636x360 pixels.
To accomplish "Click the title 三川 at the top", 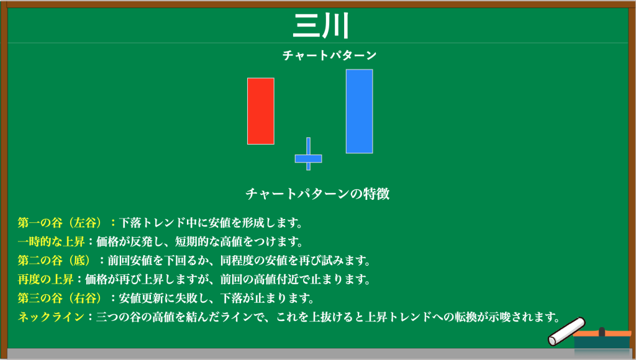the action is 320,25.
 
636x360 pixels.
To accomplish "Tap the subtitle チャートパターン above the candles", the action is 329,55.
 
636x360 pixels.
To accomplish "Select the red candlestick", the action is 261,111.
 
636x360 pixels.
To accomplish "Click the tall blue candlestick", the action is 360,112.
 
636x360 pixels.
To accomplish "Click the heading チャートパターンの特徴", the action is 317,194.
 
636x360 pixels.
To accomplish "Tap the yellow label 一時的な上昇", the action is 51,241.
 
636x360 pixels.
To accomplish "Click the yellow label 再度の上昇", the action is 45,279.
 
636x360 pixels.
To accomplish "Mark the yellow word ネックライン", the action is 51,317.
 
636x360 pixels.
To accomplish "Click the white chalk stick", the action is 566,331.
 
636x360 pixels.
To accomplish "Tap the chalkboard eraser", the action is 602,338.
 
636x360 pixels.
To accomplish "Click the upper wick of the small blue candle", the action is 308,146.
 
